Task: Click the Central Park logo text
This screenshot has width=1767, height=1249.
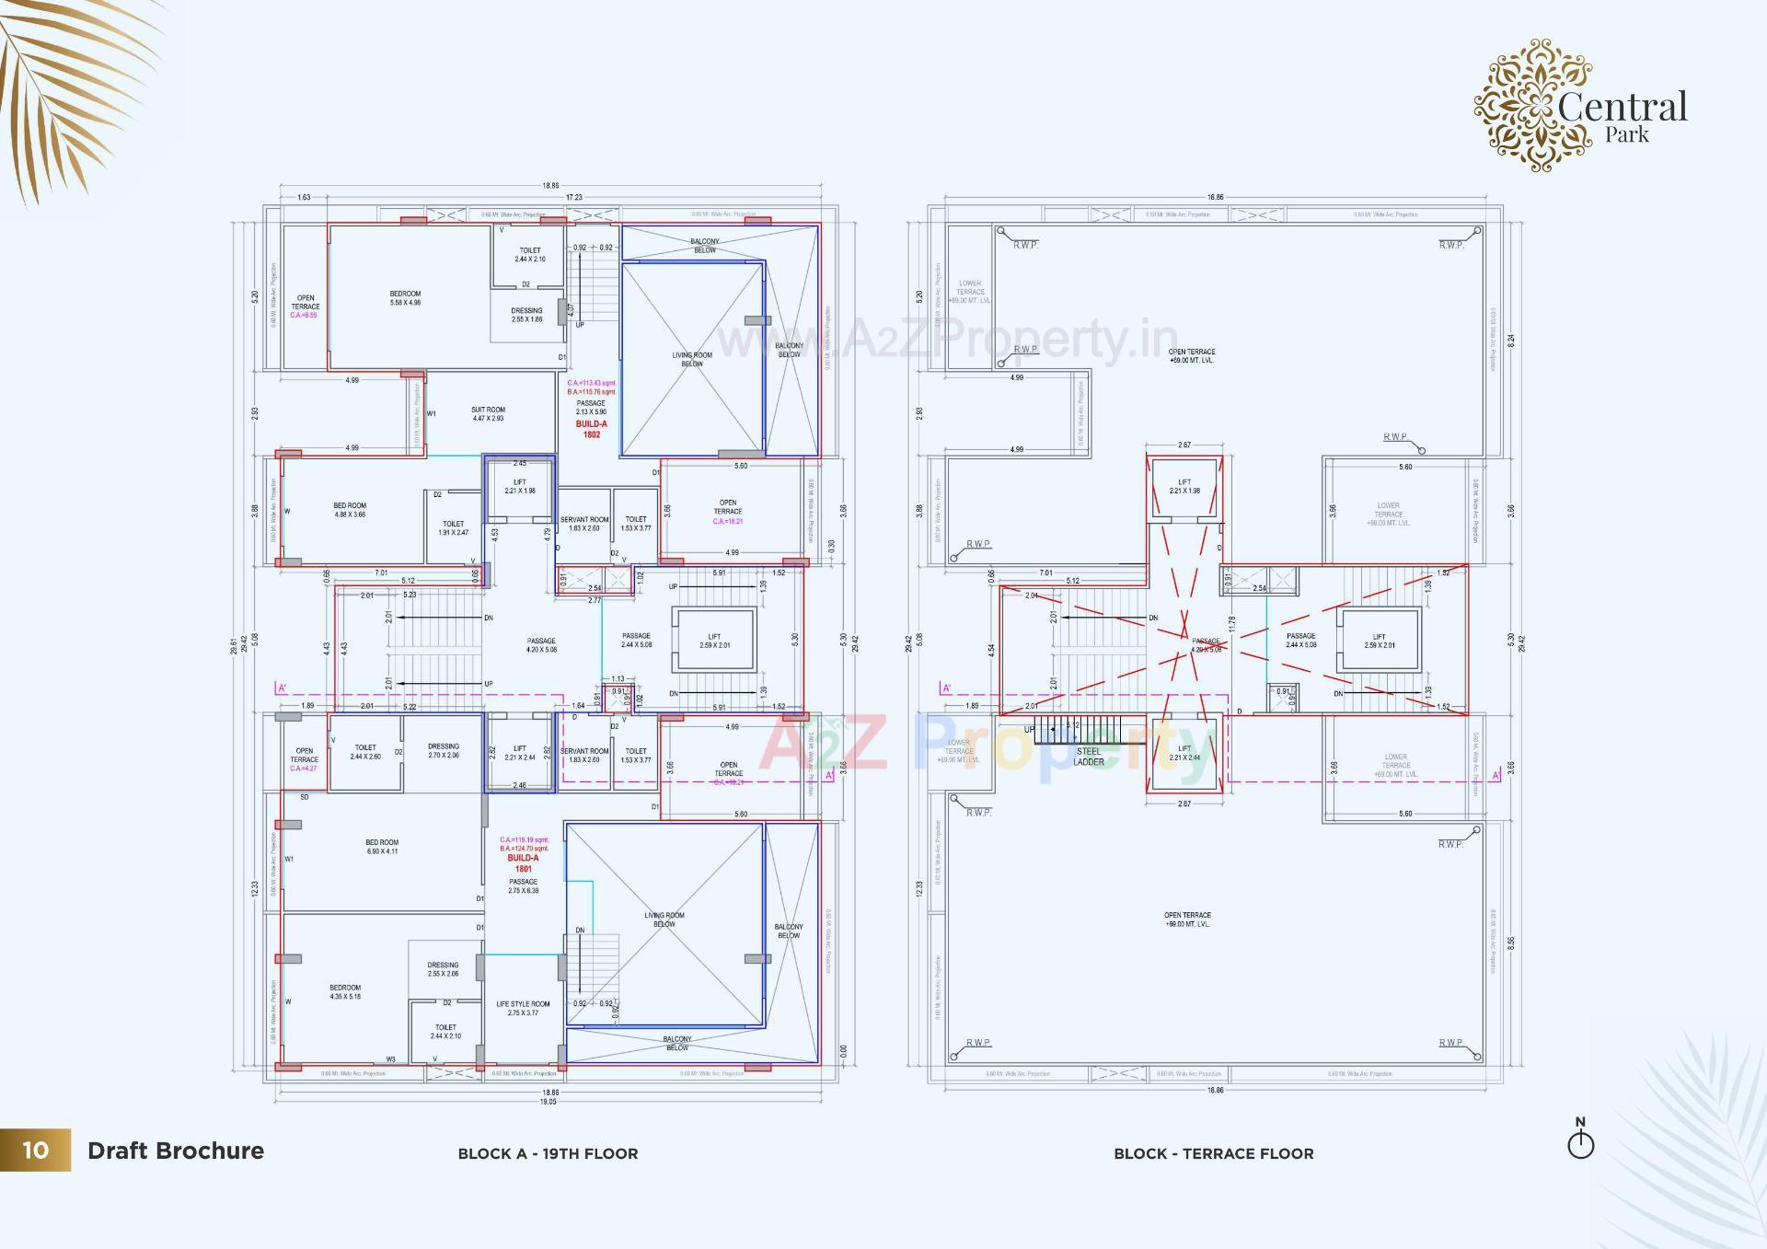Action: [1623, 114]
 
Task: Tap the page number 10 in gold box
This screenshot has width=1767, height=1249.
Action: [35, 1150]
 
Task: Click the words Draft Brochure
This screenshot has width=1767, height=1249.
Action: [175, 1151]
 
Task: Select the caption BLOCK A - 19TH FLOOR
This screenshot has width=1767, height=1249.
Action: [548, 1153]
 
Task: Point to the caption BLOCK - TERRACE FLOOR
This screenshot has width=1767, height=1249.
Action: [1213, 1153]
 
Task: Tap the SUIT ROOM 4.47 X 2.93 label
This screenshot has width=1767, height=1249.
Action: [488, 414]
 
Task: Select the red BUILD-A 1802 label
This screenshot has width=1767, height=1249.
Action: [591, 429]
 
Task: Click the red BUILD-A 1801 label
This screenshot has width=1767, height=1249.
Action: [523, 862]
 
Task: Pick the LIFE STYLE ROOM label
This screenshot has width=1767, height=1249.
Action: [523, 1008]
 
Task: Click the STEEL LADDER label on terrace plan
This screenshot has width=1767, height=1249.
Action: [1088, 757]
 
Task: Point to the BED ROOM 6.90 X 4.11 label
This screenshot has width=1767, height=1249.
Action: [382, 847]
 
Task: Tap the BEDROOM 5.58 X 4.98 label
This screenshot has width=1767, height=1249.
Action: [405, 298]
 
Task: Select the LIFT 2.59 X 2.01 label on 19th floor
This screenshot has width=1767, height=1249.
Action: [714, 641]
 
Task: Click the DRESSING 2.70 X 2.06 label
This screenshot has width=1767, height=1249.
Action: [444, 750]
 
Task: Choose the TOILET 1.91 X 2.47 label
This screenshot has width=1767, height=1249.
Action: [453, 528]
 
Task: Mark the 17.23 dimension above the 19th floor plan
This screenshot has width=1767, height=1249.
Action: [573, 197]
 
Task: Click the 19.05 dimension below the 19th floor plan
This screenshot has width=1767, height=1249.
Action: [548, 1101]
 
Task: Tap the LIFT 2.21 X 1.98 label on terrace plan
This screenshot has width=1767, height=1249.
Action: [1184, 486]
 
